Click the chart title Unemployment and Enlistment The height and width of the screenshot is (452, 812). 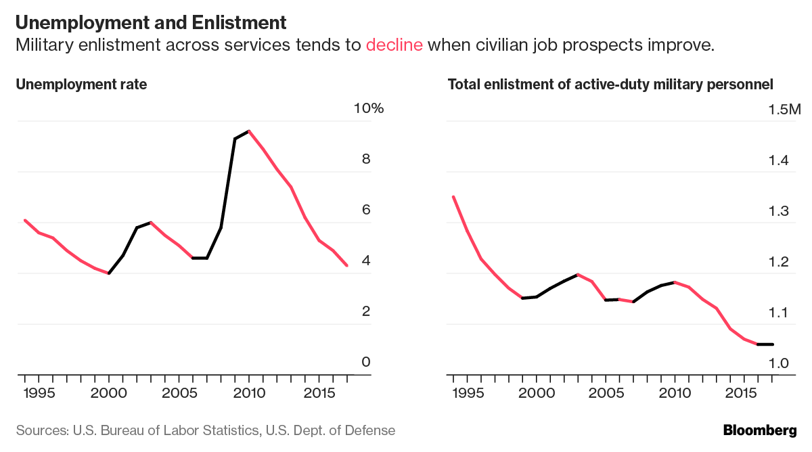[x=151, y=22]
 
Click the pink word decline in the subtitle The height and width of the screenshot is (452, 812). [x=394, y=45]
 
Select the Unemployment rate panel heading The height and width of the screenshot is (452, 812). [x=81, y=85]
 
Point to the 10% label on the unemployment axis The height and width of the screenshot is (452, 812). [x=368, y=109]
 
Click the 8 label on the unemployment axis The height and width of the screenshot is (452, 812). [x=366, y=160]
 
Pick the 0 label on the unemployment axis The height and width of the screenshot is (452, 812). [x=366, y=362]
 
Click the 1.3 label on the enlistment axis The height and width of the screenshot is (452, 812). [x=780, y=211]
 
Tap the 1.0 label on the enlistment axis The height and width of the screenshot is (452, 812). [x=780, y=363]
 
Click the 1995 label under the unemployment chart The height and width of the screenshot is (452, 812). [x=39, y=393]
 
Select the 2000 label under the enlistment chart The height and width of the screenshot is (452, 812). [x=537, y=393]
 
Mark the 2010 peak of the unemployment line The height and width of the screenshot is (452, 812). [x=249, y=131]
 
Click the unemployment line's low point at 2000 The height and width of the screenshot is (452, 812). [x=109, y=273]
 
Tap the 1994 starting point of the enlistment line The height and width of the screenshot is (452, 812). [x=453, y=197]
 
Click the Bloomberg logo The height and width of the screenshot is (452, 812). [x=760, y=430]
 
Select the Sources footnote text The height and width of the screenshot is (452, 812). [x=206, y=430]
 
